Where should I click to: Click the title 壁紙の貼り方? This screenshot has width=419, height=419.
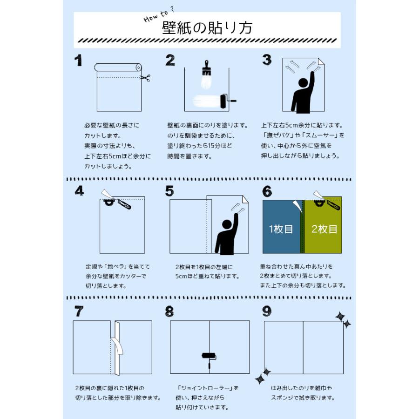(x=207, y=27)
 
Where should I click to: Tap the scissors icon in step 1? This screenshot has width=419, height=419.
(x=145, y=78)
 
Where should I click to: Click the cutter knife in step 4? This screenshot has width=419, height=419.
(x=124, y=204)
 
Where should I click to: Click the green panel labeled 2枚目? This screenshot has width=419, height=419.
(x=324, y=229)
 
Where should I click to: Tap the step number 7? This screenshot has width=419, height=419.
(x=79, y=311)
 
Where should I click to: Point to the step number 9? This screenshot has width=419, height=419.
(x=266, y=311)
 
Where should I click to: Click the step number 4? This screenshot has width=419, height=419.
(x=79, y=190)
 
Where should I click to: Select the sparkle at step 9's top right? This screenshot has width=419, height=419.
(x=343, y=319)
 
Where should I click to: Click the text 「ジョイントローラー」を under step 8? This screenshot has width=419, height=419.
(x=208, y=388)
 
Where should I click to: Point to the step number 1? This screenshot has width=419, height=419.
(x=78, y=61)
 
